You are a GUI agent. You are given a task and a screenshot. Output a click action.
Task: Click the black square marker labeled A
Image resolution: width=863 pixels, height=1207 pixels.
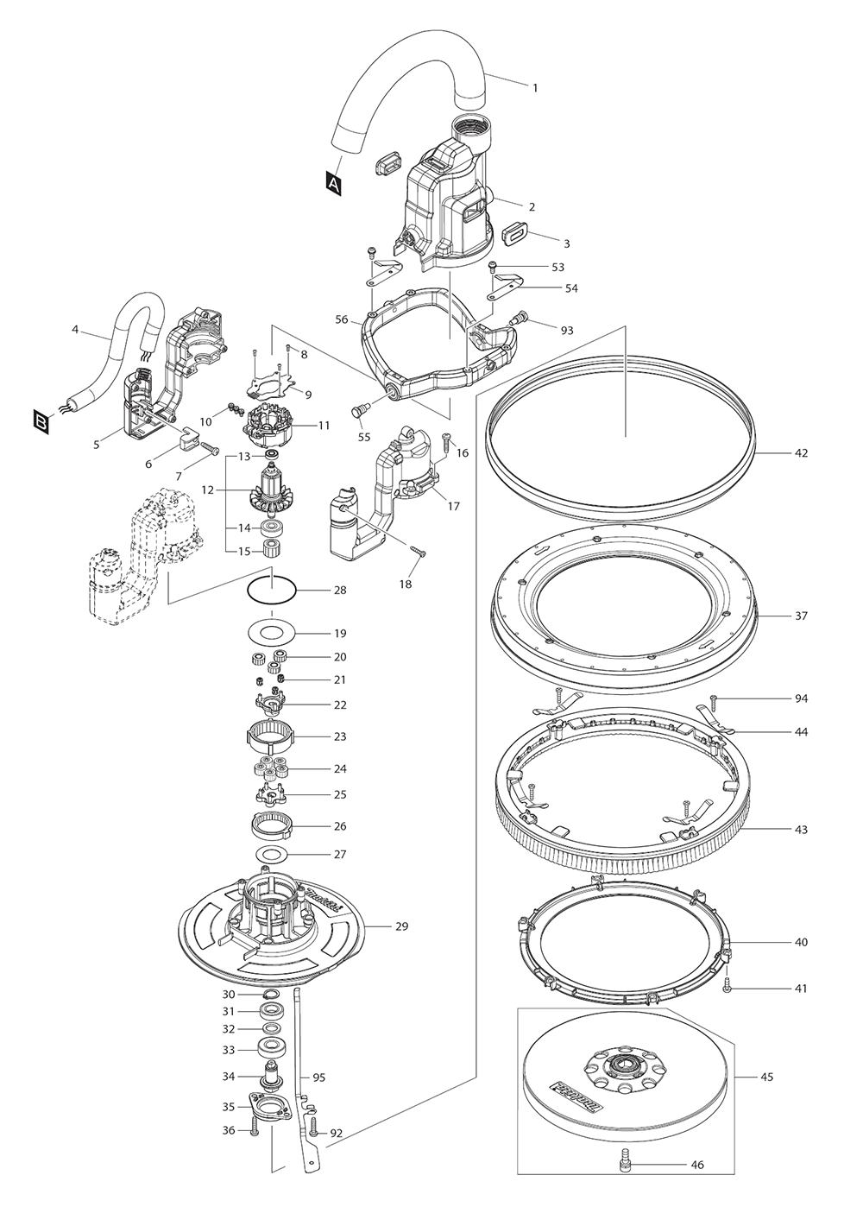334,181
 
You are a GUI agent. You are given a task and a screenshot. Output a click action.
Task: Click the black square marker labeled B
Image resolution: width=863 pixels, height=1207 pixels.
41,421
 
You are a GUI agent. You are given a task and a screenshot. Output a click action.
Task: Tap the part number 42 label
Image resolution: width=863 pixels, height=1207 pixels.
801,452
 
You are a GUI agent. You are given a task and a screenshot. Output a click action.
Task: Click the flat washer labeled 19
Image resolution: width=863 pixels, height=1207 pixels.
272,632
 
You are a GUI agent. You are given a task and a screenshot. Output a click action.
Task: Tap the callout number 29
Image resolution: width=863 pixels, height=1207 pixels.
401,926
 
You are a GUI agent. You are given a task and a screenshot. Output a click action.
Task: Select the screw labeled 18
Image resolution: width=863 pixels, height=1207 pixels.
419,551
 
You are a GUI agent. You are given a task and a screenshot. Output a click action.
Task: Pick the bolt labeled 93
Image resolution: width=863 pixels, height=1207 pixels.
517,321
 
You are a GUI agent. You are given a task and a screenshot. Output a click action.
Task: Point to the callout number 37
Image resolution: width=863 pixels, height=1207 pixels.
801,616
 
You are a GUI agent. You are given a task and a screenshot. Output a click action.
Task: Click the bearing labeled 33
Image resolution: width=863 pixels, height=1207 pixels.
273,1050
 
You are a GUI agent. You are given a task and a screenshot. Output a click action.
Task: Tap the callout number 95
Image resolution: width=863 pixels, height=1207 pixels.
318,1077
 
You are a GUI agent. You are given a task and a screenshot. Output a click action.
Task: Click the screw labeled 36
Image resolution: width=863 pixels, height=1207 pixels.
254,1128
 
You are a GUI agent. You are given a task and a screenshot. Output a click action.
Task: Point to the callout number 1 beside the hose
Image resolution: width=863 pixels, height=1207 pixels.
534,87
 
